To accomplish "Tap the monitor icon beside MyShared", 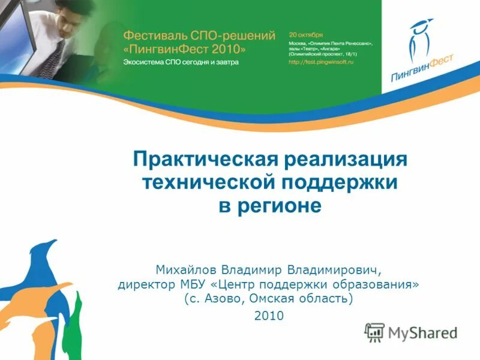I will coord(374,332).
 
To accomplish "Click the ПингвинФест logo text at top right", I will coord(421,68).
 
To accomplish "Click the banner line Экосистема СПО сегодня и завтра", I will coord(181,62).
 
